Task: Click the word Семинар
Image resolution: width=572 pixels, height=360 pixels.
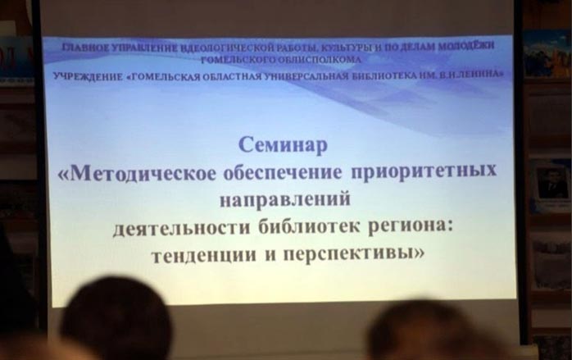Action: coord(283,145)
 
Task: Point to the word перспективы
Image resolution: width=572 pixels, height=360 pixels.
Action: coord(354,253)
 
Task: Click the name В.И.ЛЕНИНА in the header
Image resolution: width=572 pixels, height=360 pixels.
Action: coord(476,75)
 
